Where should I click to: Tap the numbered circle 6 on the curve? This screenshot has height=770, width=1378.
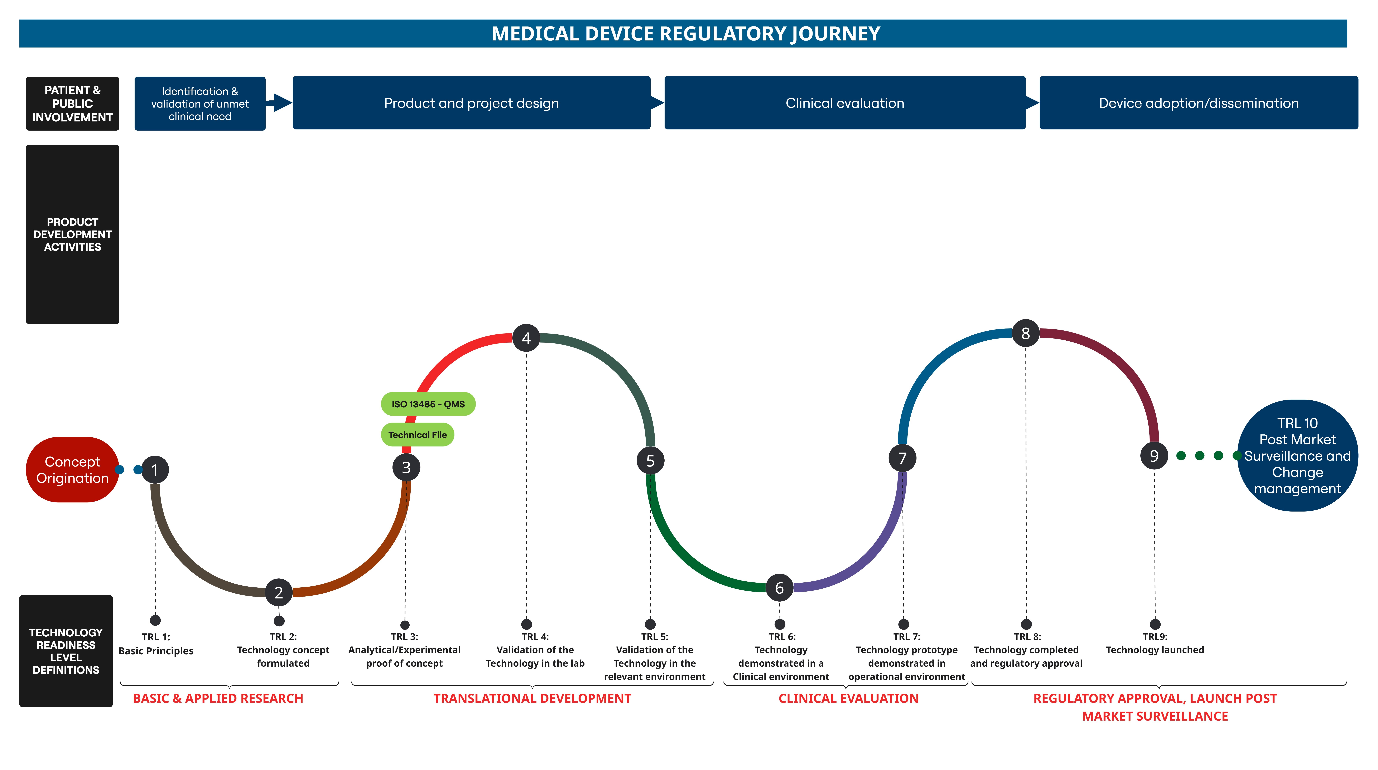pyautogui.click(x=779, y=588)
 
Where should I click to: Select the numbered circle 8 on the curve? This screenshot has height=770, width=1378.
pyautogui.click(x=1025, y=333)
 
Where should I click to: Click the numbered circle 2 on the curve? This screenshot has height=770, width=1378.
pyautogui.click(x=279, y=592)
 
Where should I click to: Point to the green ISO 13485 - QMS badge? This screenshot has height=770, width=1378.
pyautogui.click(x=428, y=404)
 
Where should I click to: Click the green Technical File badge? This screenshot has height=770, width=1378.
pyautogui.click(x=417, y=435)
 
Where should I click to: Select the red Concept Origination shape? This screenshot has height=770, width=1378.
pyautogui.click(x=72, y=469)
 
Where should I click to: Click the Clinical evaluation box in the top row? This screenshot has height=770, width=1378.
pyautogui.click(x=845, y=103)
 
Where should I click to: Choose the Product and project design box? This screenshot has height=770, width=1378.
pyautogui.click(x=471, y=103)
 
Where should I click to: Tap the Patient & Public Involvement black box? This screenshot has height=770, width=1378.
pyautogui.click(x=72, y=103)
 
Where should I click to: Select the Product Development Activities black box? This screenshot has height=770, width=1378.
pyautogui.click(x=72, y=234)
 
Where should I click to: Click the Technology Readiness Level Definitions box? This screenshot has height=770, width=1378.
pyautogui.click(x=66, y=651)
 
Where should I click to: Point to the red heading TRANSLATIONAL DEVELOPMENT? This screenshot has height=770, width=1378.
pyautogui.click(x=532, y=698)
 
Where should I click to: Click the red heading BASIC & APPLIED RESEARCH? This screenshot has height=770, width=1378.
pyautogui.click(x=218, y=698)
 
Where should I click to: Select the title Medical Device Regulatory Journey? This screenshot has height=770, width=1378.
pyautogui.click(x=686, y=34)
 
